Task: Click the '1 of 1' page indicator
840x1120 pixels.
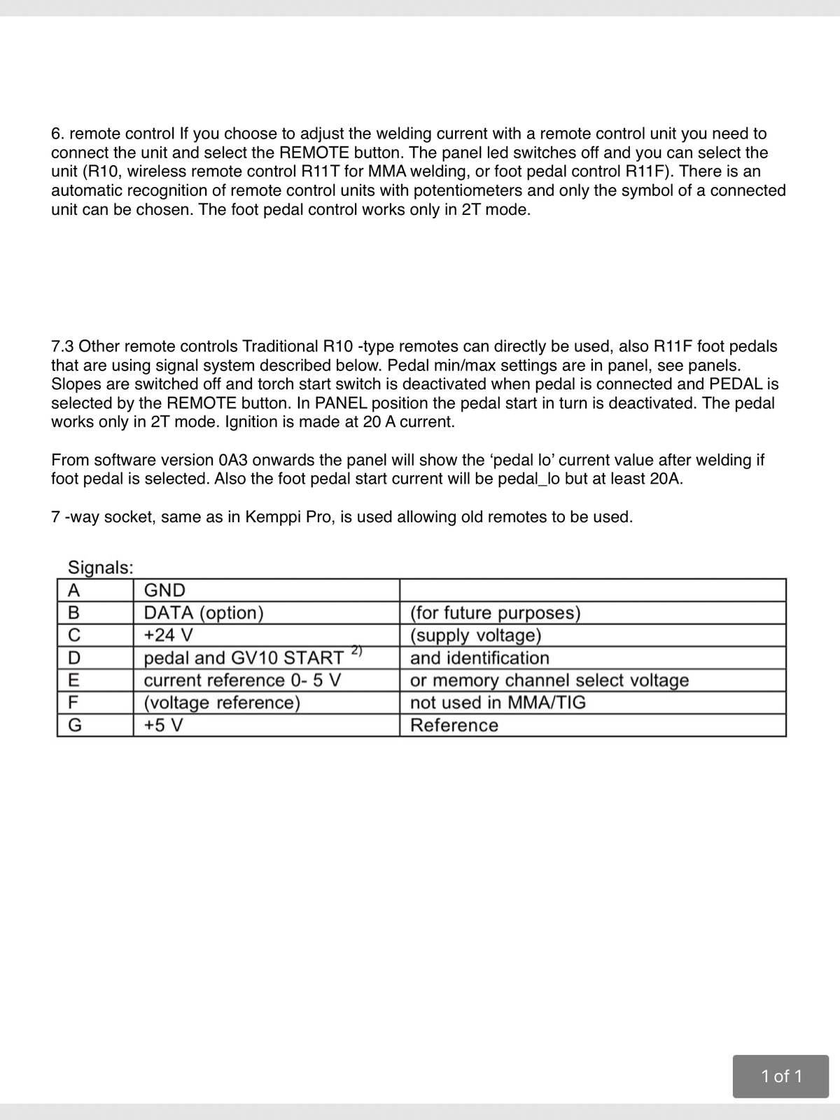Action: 780,1076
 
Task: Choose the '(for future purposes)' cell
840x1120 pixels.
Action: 495,612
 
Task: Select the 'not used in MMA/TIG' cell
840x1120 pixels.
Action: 498,703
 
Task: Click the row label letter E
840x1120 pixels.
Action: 73,680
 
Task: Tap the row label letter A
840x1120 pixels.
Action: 73,590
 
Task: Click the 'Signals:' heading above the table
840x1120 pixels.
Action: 100,567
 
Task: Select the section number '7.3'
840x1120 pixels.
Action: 63,346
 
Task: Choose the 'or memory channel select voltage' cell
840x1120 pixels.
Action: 549,680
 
